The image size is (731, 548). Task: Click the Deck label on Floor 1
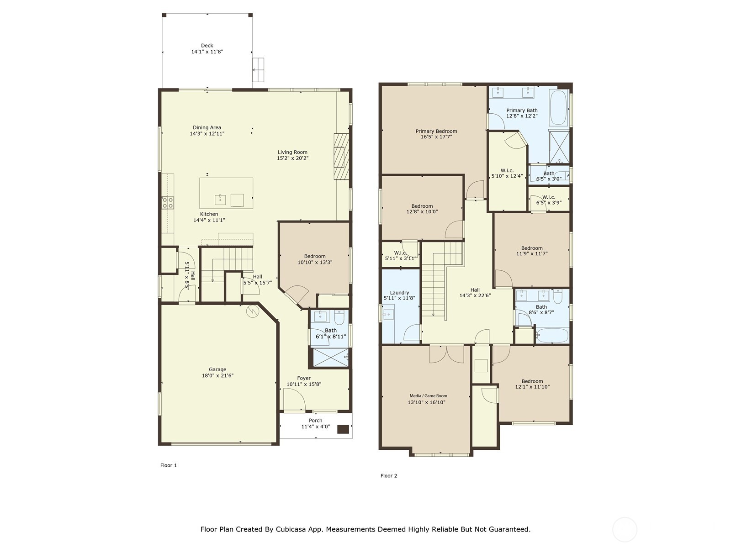[207, 46]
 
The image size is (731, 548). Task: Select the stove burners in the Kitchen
[168, 203]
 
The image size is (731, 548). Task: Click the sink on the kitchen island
[220, 200]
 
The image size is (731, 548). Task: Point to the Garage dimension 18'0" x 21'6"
[217, 376]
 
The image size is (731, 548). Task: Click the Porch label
[315, 421]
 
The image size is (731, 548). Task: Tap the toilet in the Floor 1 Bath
[339, 317]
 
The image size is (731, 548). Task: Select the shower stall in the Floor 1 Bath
[328, 357]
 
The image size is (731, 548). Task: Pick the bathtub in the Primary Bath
[558, 108]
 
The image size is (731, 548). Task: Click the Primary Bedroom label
[436, 131]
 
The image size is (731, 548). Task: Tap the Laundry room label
[399, 293]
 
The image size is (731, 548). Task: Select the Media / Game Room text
[428, 396]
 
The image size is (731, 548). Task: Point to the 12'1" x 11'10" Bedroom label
[532, 381]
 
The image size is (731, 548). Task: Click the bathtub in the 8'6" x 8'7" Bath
[552, 336]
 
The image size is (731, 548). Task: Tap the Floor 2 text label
[389, 476]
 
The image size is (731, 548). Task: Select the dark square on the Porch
[343, 429]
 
